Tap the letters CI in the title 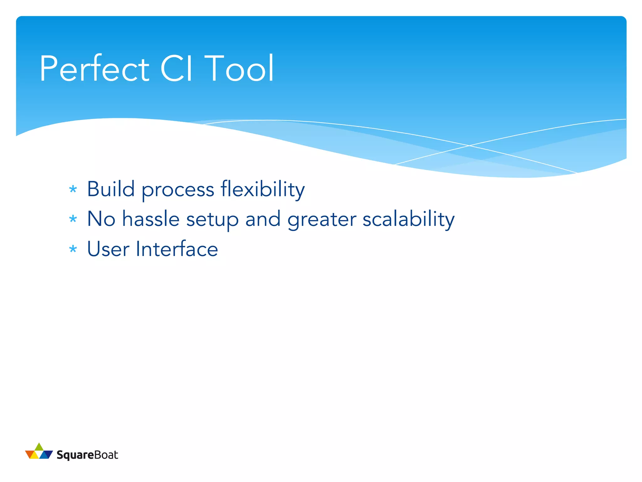176,68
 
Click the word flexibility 262,190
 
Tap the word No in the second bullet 101,219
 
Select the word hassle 151,219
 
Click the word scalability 408,219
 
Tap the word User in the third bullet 108,249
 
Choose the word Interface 177,249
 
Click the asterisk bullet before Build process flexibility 73,189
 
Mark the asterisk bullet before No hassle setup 73,219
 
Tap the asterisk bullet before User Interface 73,249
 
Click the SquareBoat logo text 87,455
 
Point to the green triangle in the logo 39,447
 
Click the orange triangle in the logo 30,454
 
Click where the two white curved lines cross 469,146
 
